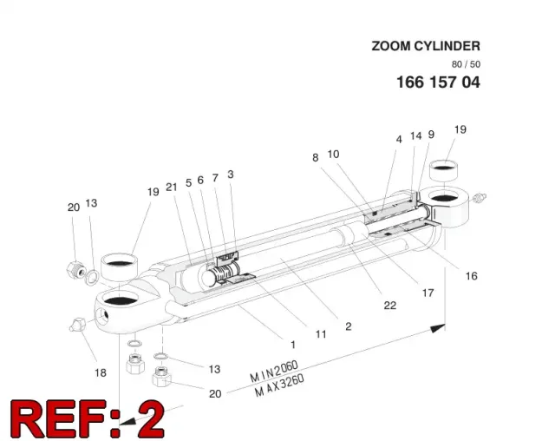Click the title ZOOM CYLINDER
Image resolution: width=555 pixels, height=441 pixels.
tap(426, 46)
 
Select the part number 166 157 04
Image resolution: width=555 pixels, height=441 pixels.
tap(438, 82)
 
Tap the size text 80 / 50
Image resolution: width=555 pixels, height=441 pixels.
tap(466, 64)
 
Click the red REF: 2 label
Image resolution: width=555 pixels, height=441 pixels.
tap(88, 419)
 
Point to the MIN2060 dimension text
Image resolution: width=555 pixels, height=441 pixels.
tap(274, 372)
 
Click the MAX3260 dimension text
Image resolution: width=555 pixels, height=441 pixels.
tap(279, 385)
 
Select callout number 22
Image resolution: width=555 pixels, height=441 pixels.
tap(390, 306)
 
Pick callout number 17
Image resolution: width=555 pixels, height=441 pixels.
tap(428, 293)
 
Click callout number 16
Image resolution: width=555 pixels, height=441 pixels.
tap(472, 276)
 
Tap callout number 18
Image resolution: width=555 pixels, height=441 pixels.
tap(101, 372)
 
